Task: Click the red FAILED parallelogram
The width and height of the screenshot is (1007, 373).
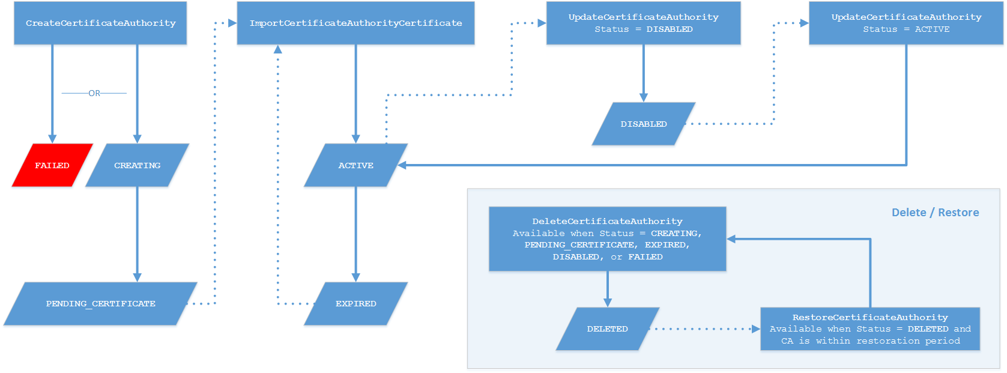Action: pos(52,165)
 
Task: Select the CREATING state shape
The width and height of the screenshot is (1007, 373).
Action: pos(137,165)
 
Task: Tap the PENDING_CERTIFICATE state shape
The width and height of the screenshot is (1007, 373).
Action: pos(101,304)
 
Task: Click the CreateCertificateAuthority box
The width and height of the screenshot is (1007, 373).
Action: pos(100,23)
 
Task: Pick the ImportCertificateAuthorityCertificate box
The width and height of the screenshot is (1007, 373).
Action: pos(355,23)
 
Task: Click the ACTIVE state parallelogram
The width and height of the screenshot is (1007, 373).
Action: pos(355,165)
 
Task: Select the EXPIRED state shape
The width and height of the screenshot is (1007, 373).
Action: pos(355,304)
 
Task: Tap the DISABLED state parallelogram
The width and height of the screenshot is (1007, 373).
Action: pos(643,124)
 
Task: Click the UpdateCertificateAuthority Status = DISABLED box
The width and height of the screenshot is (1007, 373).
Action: pos(643,23)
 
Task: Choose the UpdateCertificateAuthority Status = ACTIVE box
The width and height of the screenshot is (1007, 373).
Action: pos(906,23)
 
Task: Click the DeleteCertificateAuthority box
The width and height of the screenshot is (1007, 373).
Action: pos(607,239)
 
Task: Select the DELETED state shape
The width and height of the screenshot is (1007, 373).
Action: pos(607,329)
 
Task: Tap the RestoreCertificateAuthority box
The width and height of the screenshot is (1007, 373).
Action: pos(869,329)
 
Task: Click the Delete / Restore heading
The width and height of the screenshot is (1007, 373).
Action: pos(935,213)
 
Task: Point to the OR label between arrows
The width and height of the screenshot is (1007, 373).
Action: pos(94,93)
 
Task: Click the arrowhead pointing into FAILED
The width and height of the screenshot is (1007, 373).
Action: pos(52,139)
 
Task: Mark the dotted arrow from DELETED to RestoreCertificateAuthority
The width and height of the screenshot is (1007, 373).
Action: pos(706,329)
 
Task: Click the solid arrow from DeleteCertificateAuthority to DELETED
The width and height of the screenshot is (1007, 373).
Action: pos(607,288)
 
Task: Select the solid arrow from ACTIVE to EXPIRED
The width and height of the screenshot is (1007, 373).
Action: pos(355,234)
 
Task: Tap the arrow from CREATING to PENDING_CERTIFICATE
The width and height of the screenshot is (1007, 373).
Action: pos(137,234)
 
